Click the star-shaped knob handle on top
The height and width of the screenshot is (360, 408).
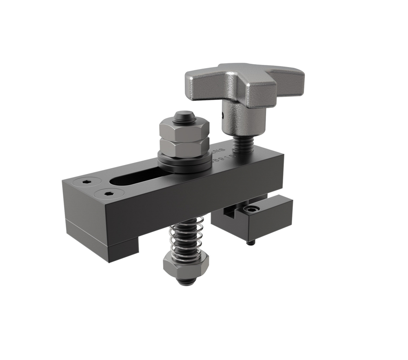245,82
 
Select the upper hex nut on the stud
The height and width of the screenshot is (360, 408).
184,129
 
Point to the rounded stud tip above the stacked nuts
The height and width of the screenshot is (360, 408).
184,117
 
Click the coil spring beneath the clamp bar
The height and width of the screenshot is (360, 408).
186,239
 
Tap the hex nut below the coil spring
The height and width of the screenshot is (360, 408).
186,265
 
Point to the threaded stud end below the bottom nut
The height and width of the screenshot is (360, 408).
186,281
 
